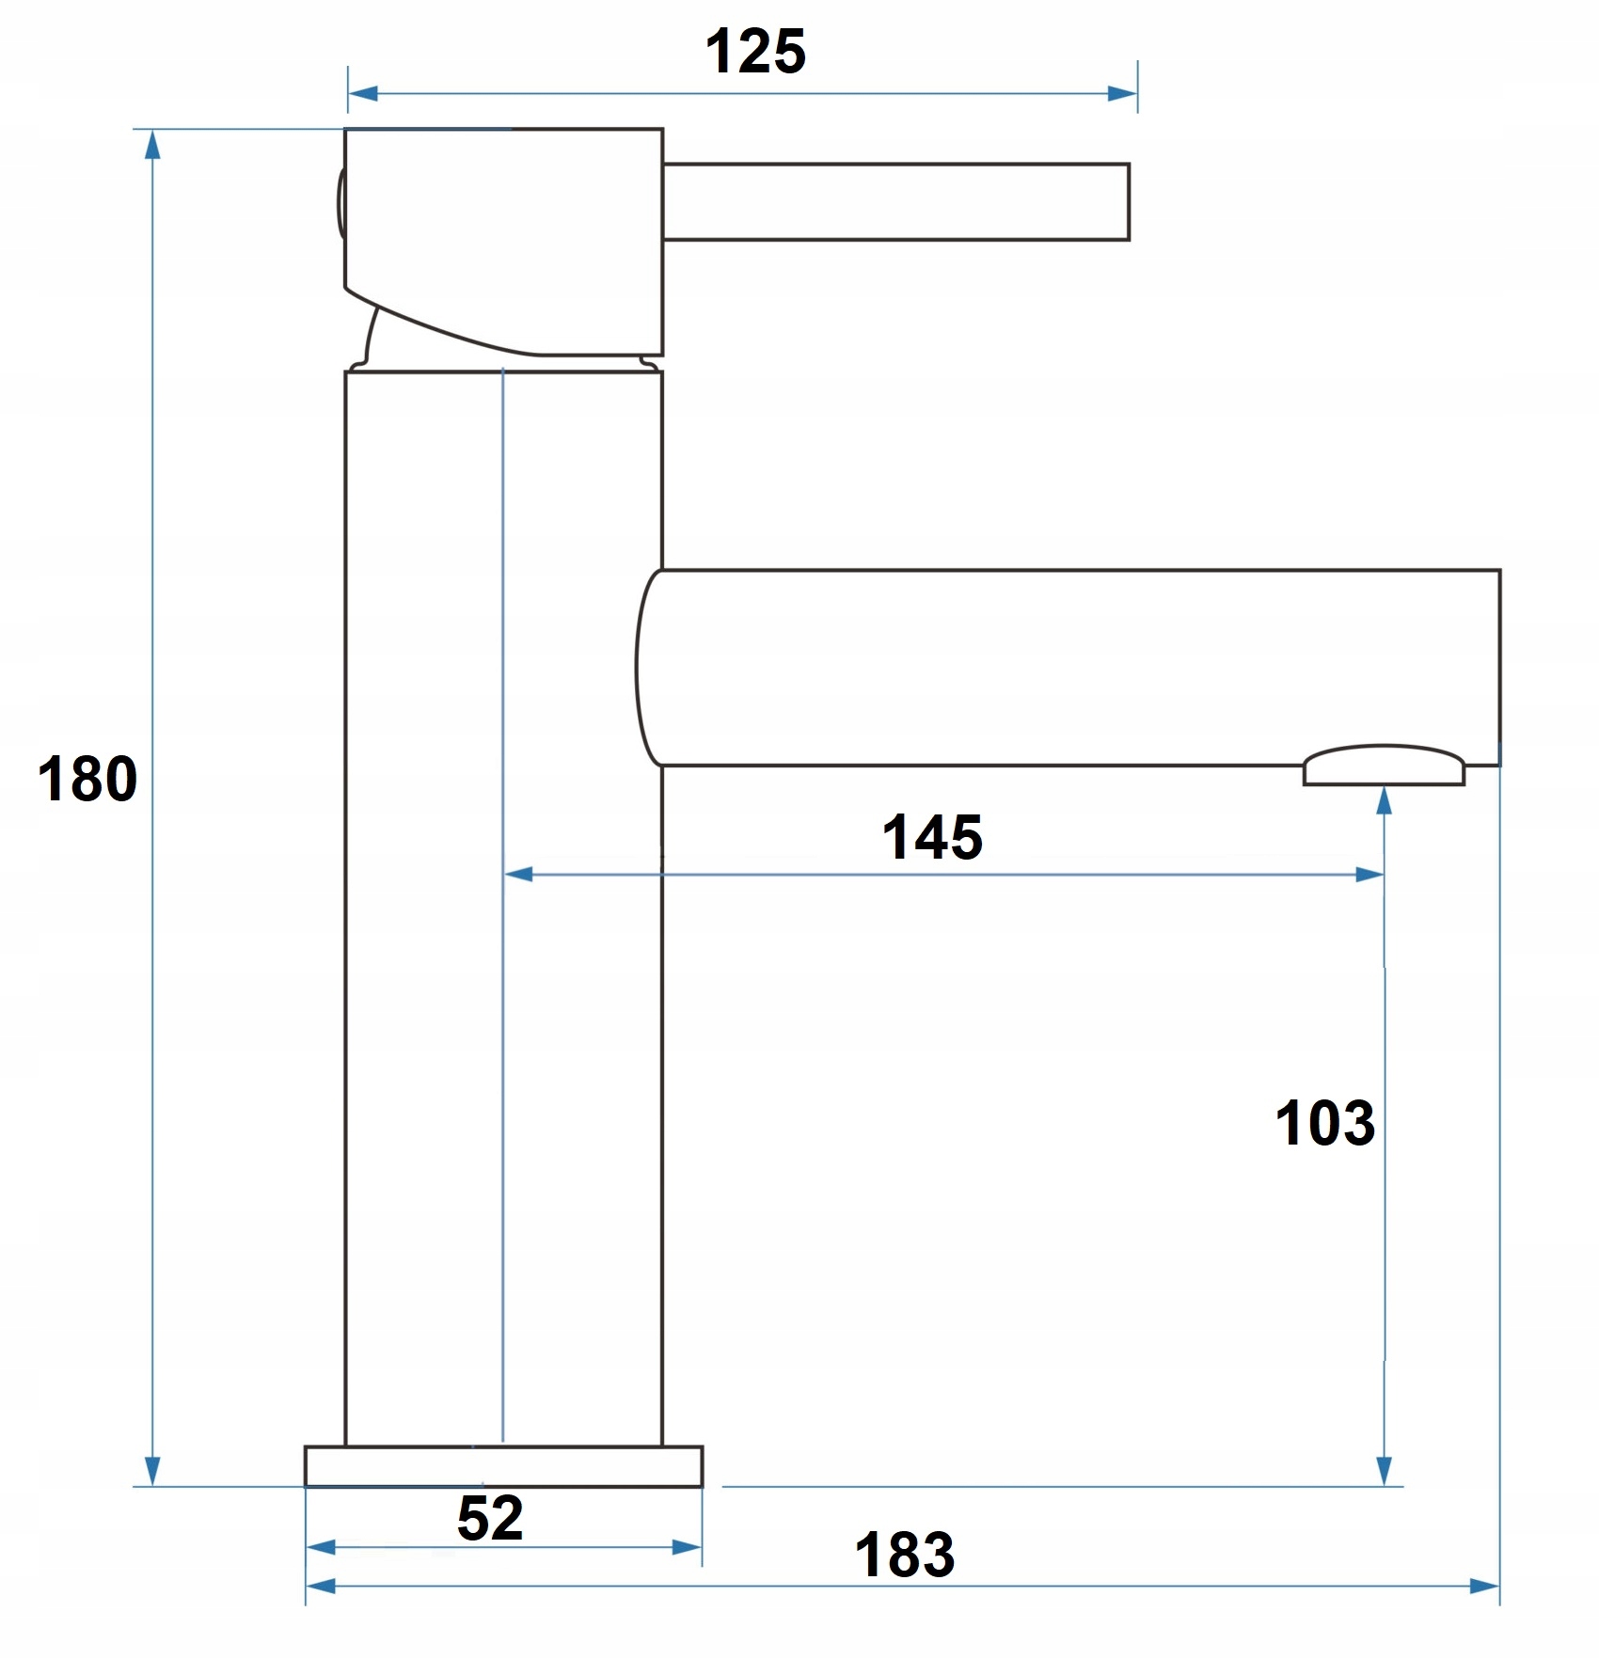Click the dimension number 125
(755, 53)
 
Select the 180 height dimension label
(87, 780)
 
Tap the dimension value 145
(932, 838)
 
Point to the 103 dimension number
(1324, 1124)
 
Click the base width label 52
(490, 1518)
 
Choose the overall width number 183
(905, 1556)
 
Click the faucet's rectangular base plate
(503, 1466)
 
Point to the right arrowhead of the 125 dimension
(1123, 93)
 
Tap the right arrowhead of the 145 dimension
(1369, 875)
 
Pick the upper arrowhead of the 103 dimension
(1384, 801)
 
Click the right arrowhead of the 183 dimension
(1484, 1587)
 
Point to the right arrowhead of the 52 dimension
(688, 1548)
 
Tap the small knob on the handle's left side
(340, 202)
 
